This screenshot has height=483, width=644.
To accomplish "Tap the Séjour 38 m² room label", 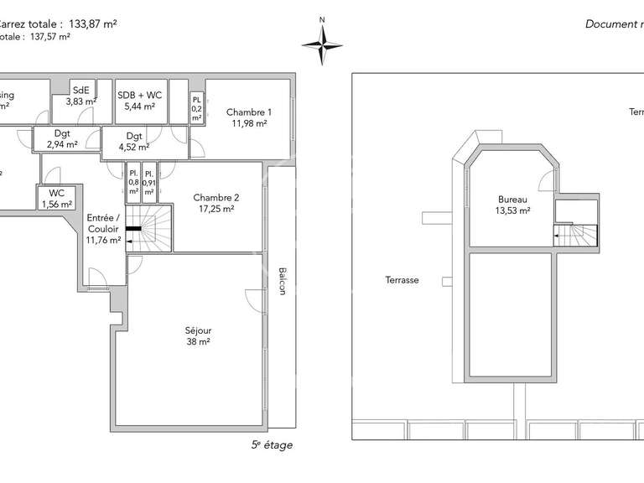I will pos(198,335).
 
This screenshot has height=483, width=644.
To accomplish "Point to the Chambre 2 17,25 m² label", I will pos(216,203).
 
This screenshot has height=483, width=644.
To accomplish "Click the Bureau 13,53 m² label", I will pos(512,205).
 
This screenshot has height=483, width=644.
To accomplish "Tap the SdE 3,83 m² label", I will pos(81,96).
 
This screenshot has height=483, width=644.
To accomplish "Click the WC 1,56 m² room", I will pos(56,198).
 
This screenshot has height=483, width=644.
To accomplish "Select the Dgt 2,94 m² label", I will pos(62,138).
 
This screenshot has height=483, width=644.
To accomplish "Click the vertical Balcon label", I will pos(282,280).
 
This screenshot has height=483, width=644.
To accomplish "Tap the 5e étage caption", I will pos(273,445).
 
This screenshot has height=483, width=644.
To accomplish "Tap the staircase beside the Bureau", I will pos(577,235).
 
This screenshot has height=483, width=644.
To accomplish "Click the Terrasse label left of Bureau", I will pos(402,280).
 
